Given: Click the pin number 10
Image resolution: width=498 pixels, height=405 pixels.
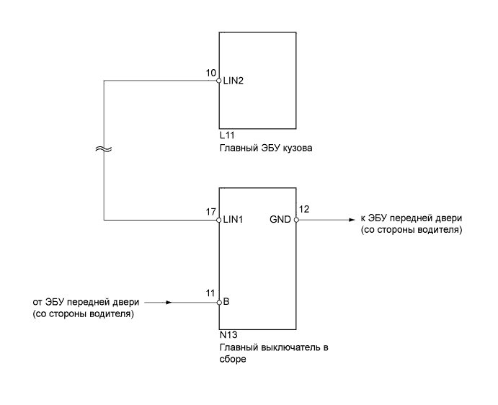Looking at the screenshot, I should (x=211, y=73).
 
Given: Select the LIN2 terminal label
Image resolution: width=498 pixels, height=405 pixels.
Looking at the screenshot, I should (x=232, y=81).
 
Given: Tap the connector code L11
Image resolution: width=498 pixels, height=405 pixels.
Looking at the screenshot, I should (x=226, y=135).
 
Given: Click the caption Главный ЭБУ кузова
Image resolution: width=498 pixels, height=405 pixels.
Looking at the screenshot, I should (x=260, y=148).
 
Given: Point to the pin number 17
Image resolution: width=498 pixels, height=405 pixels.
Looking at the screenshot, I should (x=210, y=212).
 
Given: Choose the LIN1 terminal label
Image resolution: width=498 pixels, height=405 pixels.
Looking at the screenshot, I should (x=232, y=221).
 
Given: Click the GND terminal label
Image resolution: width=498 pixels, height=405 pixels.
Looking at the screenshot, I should (x=280, y=221).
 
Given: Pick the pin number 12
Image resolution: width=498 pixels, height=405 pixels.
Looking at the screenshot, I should (x=304, y=210).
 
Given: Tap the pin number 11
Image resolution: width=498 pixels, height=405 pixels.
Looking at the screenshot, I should (x=210, y=294).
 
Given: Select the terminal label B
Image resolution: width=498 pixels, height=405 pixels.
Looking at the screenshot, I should (x=226, y=303).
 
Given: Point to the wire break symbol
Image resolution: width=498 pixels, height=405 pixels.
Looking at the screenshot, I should (x=104, y=150).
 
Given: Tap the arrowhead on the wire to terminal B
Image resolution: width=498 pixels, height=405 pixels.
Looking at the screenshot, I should (x=169, y=303).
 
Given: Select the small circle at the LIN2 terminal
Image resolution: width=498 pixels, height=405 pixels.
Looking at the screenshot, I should (x=219, y=81).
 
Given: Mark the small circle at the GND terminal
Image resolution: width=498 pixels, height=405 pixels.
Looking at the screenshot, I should (x=294, y=221).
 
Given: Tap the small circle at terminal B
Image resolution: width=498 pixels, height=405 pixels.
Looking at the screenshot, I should (x=219, y=303).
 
